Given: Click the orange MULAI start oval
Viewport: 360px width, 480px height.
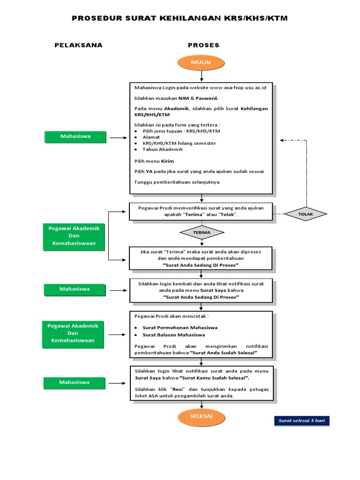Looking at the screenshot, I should point(201,62).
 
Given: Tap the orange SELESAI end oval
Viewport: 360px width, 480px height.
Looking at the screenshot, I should point(201,416).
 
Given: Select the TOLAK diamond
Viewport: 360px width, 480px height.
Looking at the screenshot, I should point(306,214).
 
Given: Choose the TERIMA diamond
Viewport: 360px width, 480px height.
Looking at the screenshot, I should point(202,232).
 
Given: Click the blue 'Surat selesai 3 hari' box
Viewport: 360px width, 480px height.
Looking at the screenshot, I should point(302,421).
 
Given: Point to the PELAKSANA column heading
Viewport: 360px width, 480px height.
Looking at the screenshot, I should point(78,45).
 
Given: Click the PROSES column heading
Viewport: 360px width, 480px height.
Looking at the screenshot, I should point(203,45).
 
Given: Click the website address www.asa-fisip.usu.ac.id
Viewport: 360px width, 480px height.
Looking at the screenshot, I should point(238,88).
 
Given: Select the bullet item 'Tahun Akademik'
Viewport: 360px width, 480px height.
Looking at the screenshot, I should point(163,150).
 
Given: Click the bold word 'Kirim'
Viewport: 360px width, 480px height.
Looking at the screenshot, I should point(168,161).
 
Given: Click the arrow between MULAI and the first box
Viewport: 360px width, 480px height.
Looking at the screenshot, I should point(201,76).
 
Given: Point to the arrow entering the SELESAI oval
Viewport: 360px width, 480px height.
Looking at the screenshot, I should point(201,405).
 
